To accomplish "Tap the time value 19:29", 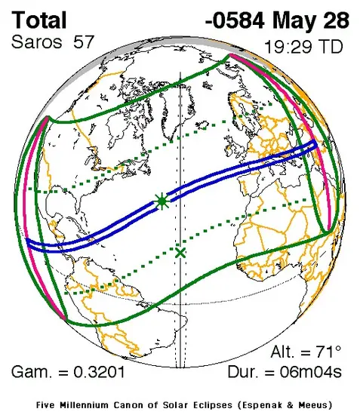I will pos(288,46).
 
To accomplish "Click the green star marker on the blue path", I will pos(162,201).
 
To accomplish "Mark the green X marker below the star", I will pos(180,253).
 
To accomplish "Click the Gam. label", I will pos(31,372).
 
